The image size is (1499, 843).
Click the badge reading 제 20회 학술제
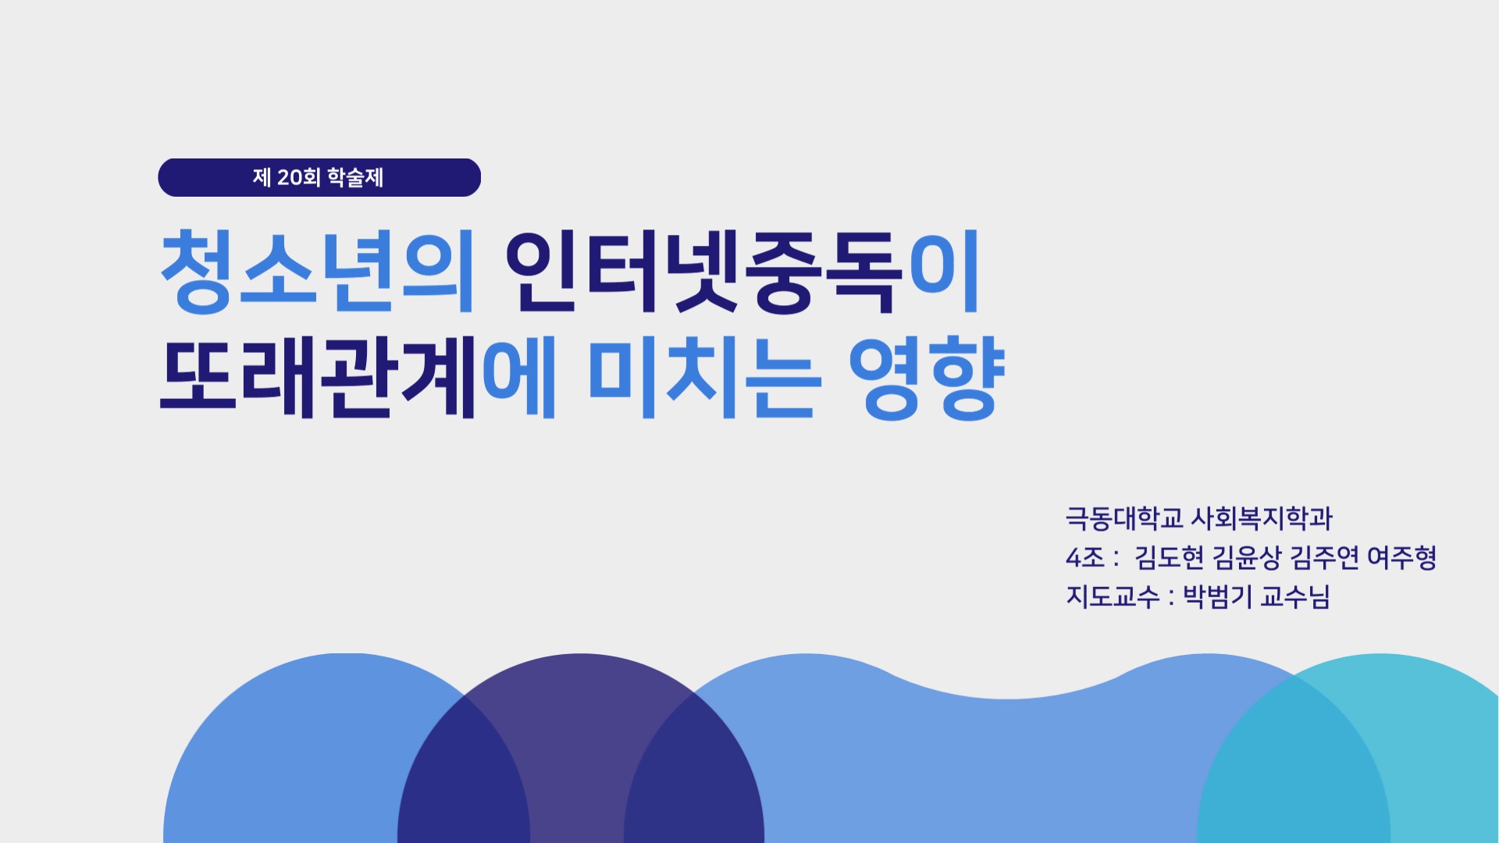[x=319, y=177]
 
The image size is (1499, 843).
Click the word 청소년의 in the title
[x=318, y=271]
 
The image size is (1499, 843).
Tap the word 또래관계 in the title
[x=318, y=377]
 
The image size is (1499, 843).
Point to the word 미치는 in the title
[x=705, y=377]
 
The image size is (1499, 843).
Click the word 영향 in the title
[x=926, y=379]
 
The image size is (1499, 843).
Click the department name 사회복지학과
[x=1261, y=518]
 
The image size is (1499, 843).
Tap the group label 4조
[x=1085, y=557]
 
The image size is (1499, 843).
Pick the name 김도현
[x=1169, y=557]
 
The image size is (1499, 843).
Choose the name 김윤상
[x=1247, y=557]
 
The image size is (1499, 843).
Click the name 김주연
[x=1324, y=557]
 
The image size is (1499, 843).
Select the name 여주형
[x=1402, y=557]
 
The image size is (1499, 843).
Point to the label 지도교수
[x=1113, y=596]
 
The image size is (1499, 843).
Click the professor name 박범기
[x=1217, y=596]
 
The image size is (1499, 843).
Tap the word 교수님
[x=1295, y=596]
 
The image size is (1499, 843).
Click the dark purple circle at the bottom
[x=581, y=749]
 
